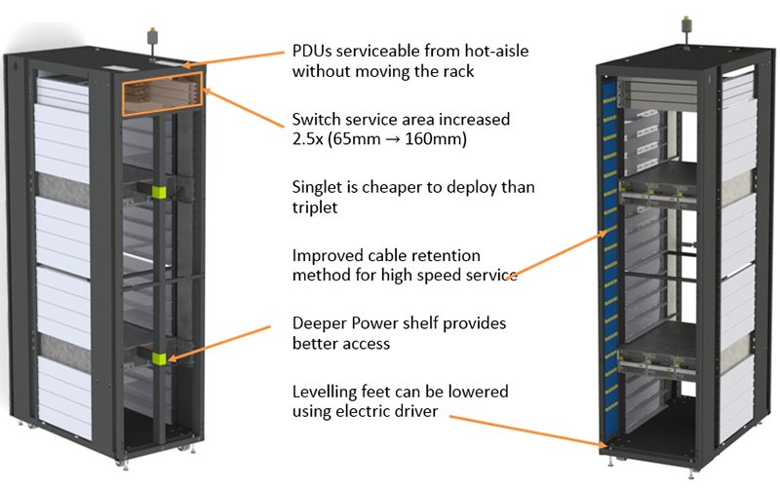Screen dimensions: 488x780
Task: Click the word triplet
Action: point(317,206)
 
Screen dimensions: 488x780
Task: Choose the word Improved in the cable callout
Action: point(327,255)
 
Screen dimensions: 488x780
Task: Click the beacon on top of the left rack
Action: point(150,40)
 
